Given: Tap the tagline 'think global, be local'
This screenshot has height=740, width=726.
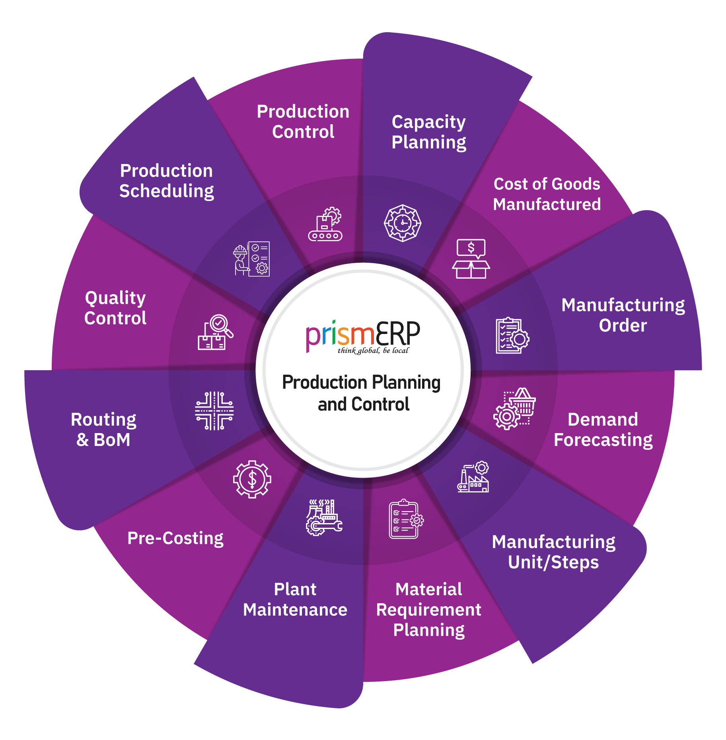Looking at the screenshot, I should [x=373, y=351].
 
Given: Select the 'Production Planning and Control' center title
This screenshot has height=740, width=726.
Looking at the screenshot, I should [x=362, y=393].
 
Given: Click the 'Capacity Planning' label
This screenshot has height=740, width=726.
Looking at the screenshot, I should [x=428, y=132].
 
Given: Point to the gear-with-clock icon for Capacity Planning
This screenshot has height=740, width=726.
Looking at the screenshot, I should [x=403, y=223].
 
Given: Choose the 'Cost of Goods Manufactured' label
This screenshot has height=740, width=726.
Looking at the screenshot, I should [x=547, y=194].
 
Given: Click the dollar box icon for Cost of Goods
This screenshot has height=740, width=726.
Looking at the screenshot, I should [x=471, y=259].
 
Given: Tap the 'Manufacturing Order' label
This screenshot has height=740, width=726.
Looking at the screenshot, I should [x=623, y=315].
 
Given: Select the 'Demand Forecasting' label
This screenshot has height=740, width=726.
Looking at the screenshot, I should [x=603, y=430].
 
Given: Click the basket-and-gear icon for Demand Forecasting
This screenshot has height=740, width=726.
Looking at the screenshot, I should [x=514, y=408].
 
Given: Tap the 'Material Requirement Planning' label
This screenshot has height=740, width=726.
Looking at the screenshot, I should [x=429, y=609].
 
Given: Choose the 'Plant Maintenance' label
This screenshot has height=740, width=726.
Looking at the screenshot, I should [x=295, y=599].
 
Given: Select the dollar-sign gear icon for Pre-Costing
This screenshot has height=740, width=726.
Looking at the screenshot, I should [x=252, y=479].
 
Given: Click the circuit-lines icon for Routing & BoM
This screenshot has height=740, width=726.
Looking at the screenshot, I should [x=214, y=411].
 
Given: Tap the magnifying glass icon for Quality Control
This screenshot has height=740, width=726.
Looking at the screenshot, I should [x=216, y=332].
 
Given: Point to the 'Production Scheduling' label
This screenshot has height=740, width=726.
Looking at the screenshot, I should [x=167, y=181].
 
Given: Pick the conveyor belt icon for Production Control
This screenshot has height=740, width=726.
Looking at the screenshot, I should [x=325, y=224].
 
